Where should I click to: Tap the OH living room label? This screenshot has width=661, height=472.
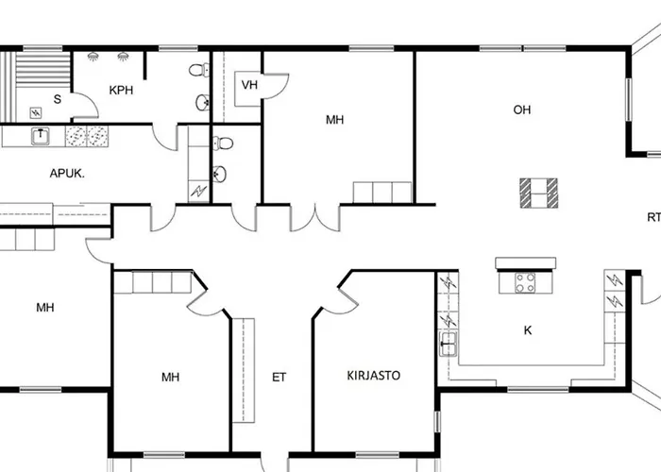(521, 110)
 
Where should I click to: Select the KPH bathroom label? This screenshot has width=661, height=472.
(120, 91)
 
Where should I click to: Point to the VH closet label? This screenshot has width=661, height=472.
(249, 85)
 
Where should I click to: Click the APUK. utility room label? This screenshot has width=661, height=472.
(68, 174)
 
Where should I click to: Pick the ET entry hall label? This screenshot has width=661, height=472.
(279, 377)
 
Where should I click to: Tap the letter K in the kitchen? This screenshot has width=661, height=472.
(528, 329)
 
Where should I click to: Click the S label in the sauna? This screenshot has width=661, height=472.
(57, 99)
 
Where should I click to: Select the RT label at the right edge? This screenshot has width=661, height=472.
(653, 217)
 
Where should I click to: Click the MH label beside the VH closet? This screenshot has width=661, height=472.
(334, 120)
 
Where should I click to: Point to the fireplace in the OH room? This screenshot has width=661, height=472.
(538, 194)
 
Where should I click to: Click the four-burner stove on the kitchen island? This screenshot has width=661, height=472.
(525, 281)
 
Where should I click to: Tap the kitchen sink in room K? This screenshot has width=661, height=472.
(449, 342)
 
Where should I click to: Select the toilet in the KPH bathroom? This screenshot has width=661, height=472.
(197, 70)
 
